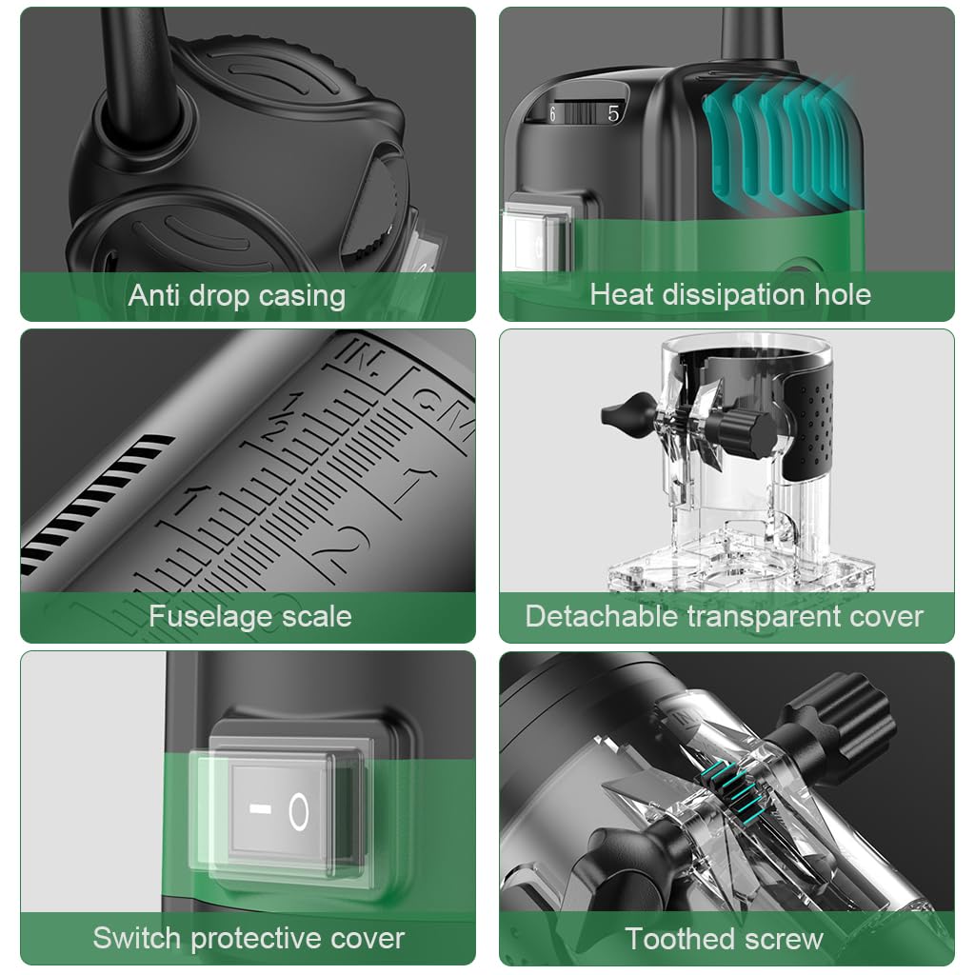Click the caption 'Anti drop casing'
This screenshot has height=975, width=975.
click(237, 296)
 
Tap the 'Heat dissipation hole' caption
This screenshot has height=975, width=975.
click(730, 295)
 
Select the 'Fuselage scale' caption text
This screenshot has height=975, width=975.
click(250, 617)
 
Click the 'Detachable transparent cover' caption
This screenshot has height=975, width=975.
click(724, 617)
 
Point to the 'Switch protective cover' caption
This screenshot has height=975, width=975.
click(249, 938)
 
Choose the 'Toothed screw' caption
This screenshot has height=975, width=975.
click(725, 939)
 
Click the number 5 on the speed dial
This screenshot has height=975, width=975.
click(613, 113)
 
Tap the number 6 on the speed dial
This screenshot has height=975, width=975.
click(552, 114)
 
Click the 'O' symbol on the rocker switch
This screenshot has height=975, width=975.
click(298, 811)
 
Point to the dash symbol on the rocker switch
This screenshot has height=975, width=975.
click(260, 808)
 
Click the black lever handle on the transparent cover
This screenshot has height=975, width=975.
click(628, 415)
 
